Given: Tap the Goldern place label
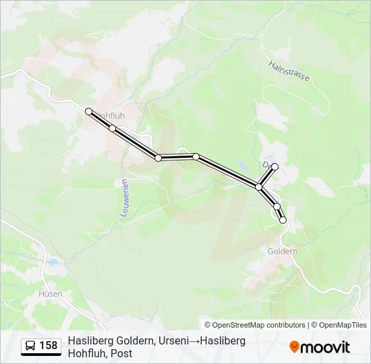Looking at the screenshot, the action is pyautogui.click(x=282, y=251).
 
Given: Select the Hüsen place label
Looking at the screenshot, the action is pyautogui.click(x=51, y=294).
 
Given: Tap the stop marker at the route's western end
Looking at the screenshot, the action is pyautogui.click(x=88, y=111).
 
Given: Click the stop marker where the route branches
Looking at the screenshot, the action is pyautogui.click(x=258, y=186).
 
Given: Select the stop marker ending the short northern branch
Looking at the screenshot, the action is pyautogui.click(x=275, y=166).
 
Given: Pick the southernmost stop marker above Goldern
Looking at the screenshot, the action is pyautogui.click(x=283, y=220).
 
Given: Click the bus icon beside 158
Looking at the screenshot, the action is pyautogui.click(x=30, y=346).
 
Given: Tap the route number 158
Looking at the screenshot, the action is pyautogui.click(x=48, y=346).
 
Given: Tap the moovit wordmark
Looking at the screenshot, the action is pyautogui.click(x=325, y=347).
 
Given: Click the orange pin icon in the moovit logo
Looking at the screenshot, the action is pyautogui.click(x=294, y=347).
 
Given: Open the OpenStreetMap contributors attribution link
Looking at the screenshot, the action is pyautogui.click(x=255, y=325).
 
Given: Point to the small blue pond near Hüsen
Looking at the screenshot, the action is pyautogui.click(x=53, y=262).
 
